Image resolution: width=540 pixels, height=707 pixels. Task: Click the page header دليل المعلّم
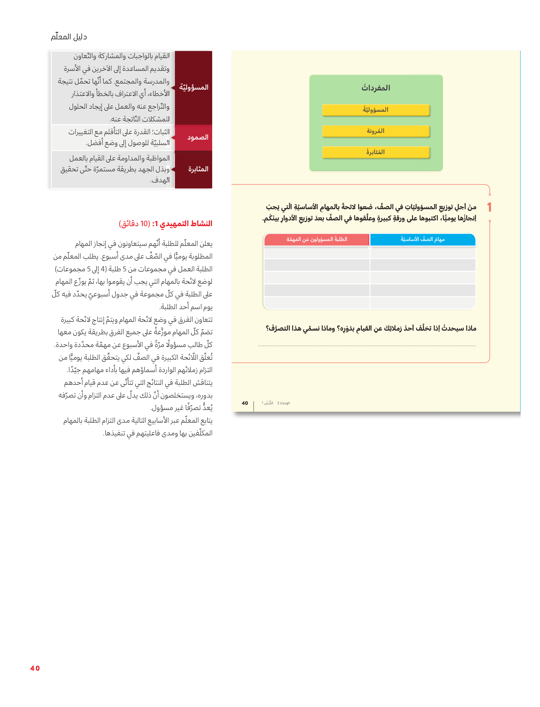coord(69,37)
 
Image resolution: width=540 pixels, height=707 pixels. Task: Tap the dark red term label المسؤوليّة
coord(193,88)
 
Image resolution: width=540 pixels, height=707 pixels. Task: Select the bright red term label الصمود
coord(197,137)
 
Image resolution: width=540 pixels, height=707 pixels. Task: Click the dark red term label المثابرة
coord(198,169)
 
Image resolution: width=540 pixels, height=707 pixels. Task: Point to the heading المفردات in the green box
coord(375,88)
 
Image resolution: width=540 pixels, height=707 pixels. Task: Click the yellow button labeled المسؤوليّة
coord(375,110)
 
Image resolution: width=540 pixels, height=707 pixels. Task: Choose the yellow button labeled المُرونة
coord(375,131)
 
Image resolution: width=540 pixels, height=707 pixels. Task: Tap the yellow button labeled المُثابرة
coord(375,152)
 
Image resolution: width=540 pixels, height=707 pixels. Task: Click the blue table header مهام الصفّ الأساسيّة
coord(422,240)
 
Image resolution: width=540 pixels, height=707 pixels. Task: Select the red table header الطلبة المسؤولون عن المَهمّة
coord(317,240)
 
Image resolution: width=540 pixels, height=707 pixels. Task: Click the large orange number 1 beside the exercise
coord(489,207)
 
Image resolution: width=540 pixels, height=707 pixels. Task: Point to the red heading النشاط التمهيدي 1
coord(182,224)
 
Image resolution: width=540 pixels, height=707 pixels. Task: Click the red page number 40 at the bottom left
coord(35,669)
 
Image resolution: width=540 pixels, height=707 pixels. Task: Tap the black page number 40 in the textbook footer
coord(245,403)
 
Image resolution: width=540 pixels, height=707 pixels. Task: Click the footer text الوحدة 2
coord(284,403)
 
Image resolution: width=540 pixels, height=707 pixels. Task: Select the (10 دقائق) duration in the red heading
coord(134,224)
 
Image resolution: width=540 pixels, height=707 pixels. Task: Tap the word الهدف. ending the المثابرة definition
coord(160,180)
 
